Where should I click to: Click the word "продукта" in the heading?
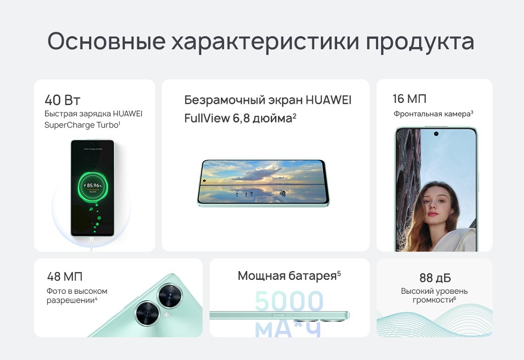click(x=420, y=42)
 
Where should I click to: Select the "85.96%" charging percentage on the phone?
click(x=94, y=185)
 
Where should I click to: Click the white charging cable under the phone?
click(x=92, y=243)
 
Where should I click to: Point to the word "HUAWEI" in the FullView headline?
click(x=328, y=100)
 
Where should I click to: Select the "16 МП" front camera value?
click(x=409, y=99)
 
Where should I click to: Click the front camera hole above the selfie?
click(x=436, y=134)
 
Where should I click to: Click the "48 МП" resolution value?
click(x=64, y=277)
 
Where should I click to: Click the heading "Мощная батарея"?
click(x=287, y=276)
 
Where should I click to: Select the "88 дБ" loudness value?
click(x=435, y=278)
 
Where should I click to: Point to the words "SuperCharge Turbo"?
click(x=81, y=125)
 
